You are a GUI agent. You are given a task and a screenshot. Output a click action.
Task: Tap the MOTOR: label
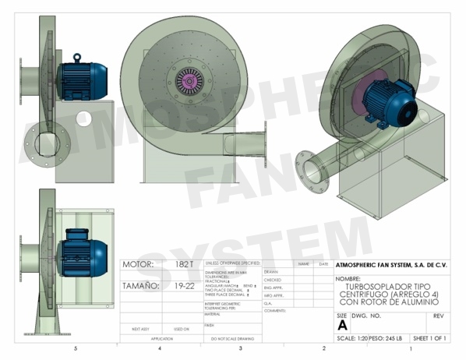click(139, 265)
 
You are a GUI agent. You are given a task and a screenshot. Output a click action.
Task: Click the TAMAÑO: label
click(141, 286)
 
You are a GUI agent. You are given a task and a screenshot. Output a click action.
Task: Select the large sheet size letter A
click(341, 326)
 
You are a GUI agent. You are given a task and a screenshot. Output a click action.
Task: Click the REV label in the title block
click(438, 316)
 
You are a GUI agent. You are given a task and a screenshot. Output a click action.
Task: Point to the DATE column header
click(323, 264)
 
